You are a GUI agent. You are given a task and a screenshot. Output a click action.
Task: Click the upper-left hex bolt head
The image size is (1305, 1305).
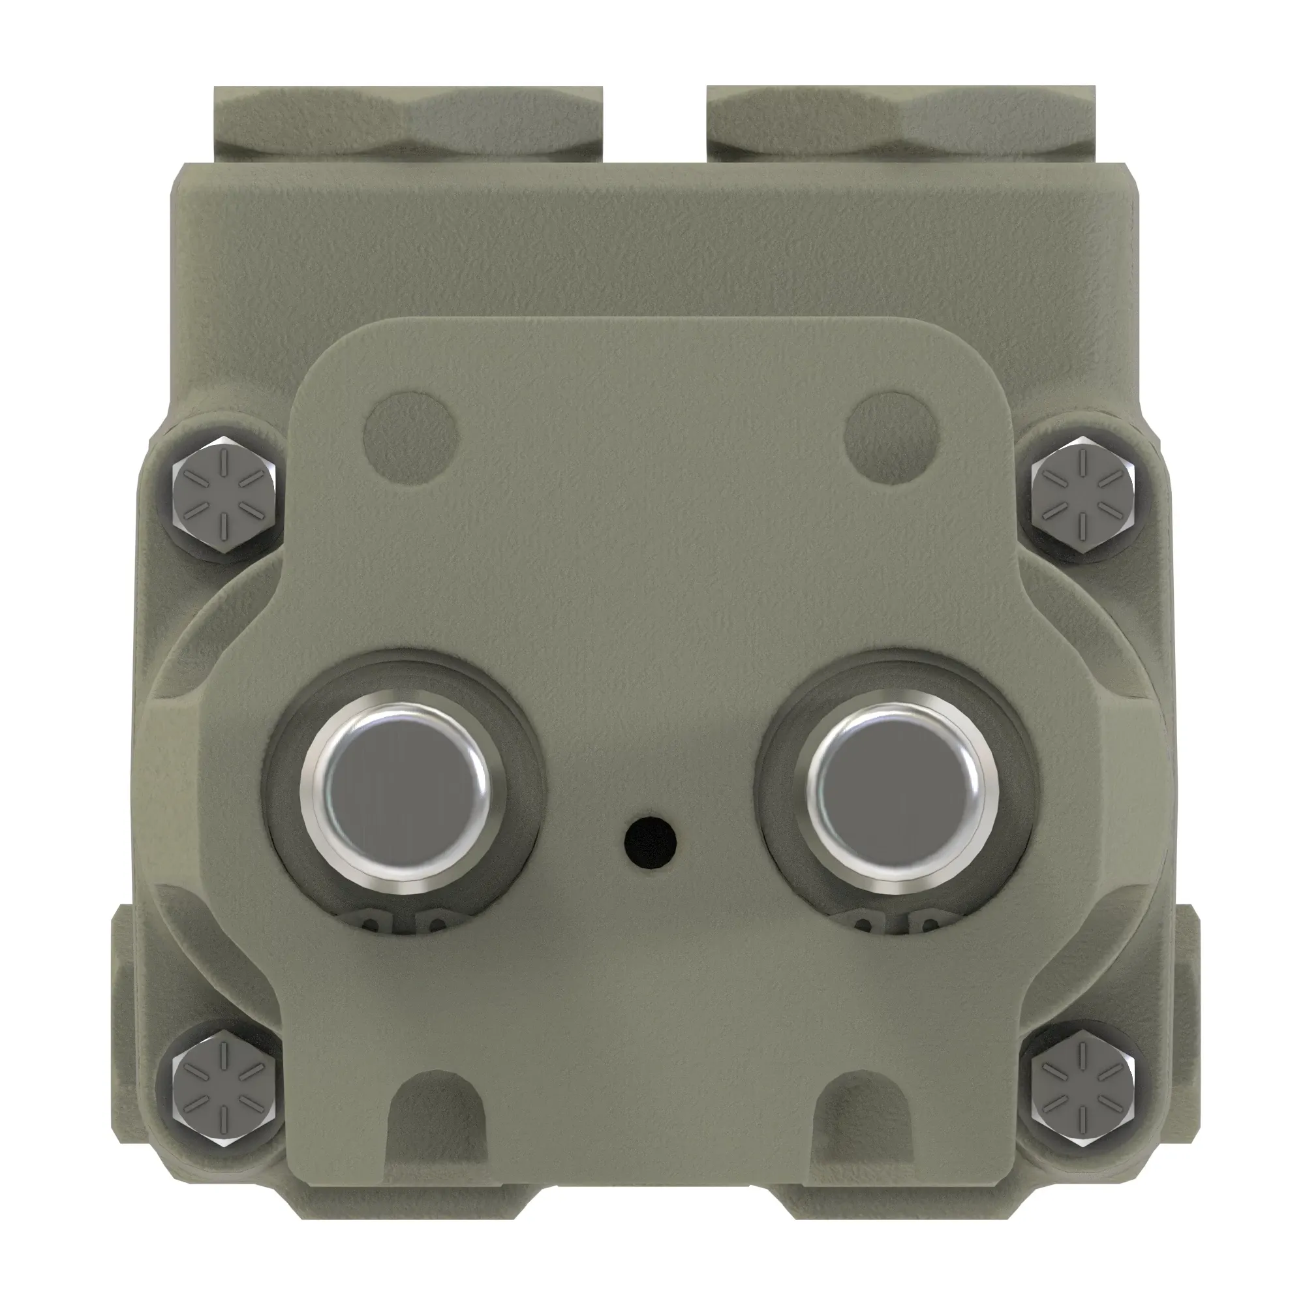pos(224,496)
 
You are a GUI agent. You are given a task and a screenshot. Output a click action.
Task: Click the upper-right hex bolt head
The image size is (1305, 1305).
pos(1082,496)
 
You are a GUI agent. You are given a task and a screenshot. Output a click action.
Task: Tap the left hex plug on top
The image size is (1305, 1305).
pos(408,123)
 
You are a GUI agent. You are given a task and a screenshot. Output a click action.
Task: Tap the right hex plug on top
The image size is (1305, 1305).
pos(900,123)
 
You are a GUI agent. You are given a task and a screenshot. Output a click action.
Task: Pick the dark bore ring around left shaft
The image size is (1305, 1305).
pos(284,790)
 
